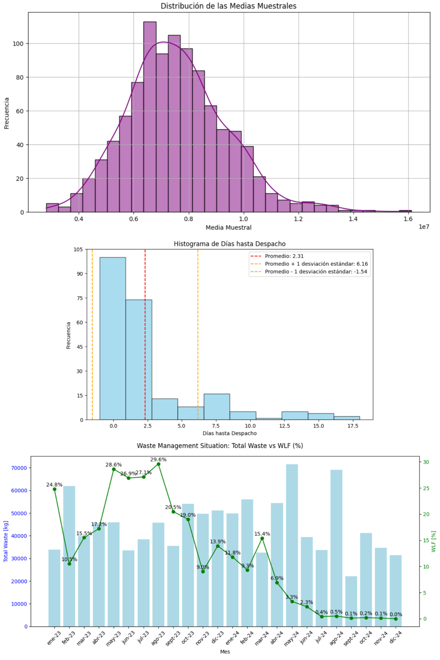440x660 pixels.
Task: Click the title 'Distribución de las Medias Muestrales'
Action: click(x=228, y=6)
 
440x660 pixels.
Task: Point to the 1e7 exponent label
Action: click(x=424, y=227)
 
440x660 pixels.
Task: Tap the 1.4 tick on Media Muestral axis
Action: click(x=353, y=219)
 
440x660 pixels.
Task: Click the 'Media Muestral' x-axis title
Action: click(x=228, y=227)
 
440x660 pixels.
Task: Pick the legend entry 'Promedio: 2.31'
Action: click(x=284, y=256)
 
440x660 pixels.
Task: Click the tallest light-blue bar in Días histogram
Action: click(x=113, y=338)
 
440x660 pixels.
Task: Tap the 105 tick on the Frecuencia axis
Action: click(x=78, y=249)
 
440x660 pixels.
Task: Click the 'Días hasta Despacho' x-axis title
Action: click(x=229, y=433)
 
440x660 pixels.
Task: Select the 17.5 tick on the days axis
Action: click(x=353, y=426)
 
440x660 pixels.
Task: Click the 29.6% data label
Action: click(x=158, y=459)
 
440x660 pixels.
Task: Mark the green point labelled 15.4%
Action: click(x=262, y=538)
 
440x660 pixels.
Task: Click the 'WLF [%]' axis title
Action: click(x=433, y=541)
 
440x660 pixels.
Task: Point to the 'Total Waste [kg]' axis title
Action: click(x=6, y=541)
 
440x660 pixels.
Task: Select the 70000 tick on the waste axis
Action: click(x=19, y=468)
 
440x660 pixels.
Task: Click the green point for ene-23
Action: click(x=54, y=489)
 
